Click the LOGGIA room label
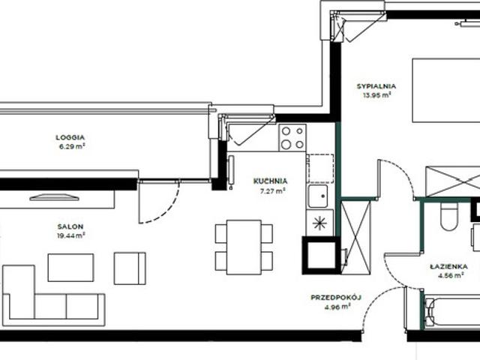(x=70, y=137)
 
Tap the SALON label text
(x=70, y=226)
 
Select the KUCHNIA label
(x=270, y=181)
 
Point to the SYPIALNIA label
(x=376, y=86)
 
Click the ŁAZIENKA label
(x=448, y=266)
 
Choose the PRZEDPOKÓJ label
(x=336, y=297)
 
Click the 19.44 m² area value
(x=70, y=235)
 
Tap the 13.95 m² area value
(x=376, y=95)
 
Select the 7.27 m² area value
(x=272, y=191)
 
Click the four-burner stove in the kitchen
(x=292, y=138)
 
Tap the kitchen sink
(x=318, y=196)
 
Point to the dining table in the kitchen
(x=244, y=247)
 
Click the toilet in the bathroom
(x=449, y=216)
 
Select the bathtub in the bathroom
(x=451, y=312)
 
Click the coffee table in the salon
(x=70, y=268)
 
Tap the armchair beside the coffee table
(x=130, y=268)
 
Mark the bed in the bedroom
(x=446, y=91)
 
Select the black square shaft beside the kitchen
(x=321, y=255)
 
